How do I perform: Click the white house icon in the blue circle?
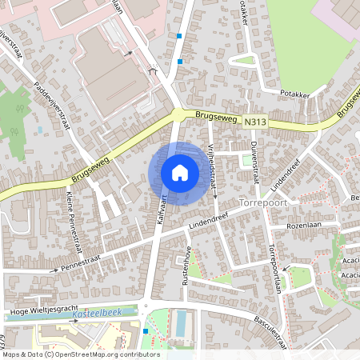[x=179, y=173]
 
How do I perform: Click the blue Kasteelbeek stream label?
[x=95, y=316]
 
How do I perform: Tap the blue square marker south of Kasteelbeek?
[x=145, y=330]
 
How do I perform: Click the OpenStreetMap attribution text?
[x=80, y=354]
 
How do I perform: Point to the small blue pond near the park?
[x=38, y=128]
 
